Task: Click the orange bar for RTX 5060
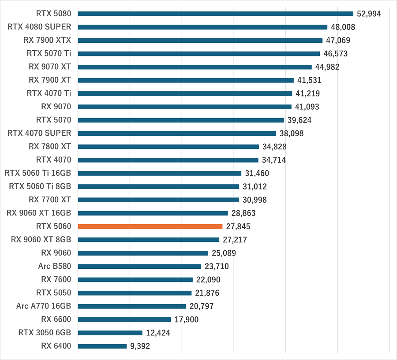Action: click(x=150, y=226)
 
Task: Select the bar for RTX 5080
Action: click(x=215, y=14)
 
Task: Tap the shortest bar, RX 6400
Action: click(x=102, y=346)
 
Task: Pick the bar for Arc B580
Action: click(x=139, y=266)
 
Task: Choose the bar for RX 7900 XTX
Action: click(x=200, y=40)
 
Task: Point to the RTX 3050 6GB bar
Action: click(x=110, y=333)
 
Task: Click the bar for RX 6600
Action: click(x=124, y=319)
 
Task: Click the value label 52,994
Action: click(x=369, y=14)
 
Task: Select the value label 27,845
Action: click(x=238, y=226)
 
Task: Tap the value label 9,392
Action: click(x=140, y=346)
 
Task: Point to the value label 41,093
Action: click(x=307, y=107)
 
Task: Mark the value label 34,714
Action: click(x=273, y=160)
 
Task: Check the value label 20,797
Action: click(x=201, y=306)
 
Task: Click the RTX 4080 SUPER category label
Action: click(x=39, y=27)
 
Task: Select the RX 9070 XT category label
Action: click(x=50, y=67)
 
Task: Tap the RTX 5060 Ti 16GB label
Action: click(x=37, y=173)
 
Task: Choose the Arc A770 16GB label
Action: click(x=44, y=306)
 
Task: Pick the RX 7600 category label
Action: click(x=56, y=279)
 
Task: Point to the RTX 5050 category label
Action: click(x=53, y=293)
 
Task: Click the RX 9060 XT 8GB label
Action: click(x=41, y=240)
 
